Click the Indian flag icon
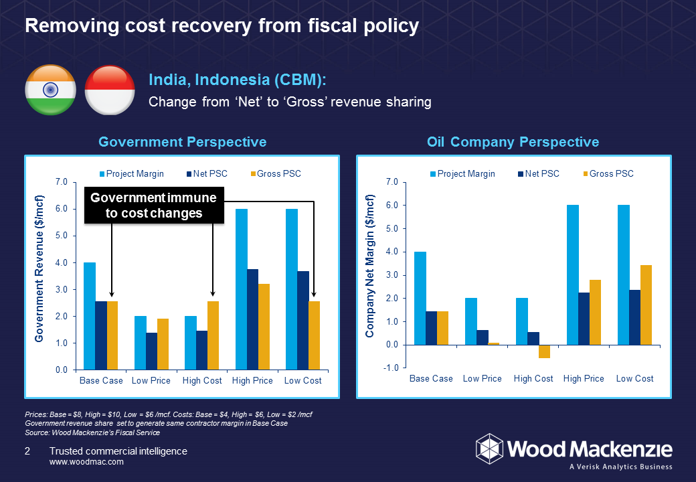50,90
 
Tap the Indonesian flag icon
110,90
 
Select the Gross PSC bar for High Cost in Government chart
213,335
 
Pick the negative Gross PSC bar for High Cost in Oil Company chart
544,351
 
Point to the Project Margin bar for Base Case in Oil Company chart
420,298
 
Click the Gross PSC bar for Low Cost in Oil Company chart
646,305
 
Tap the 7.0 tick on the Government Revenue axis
62,182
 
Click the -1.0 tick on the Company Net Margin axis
392,368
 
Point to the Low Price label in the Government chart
151,381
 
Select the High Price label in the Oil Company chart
584,379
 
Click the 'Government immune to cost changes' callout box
153,206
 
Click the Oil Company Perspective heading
513,142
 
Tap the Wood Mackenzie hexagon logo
489,447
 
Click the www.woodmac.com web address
87,462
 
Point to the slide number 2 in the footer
27,452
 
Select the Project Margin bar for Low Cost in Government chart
291,289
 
